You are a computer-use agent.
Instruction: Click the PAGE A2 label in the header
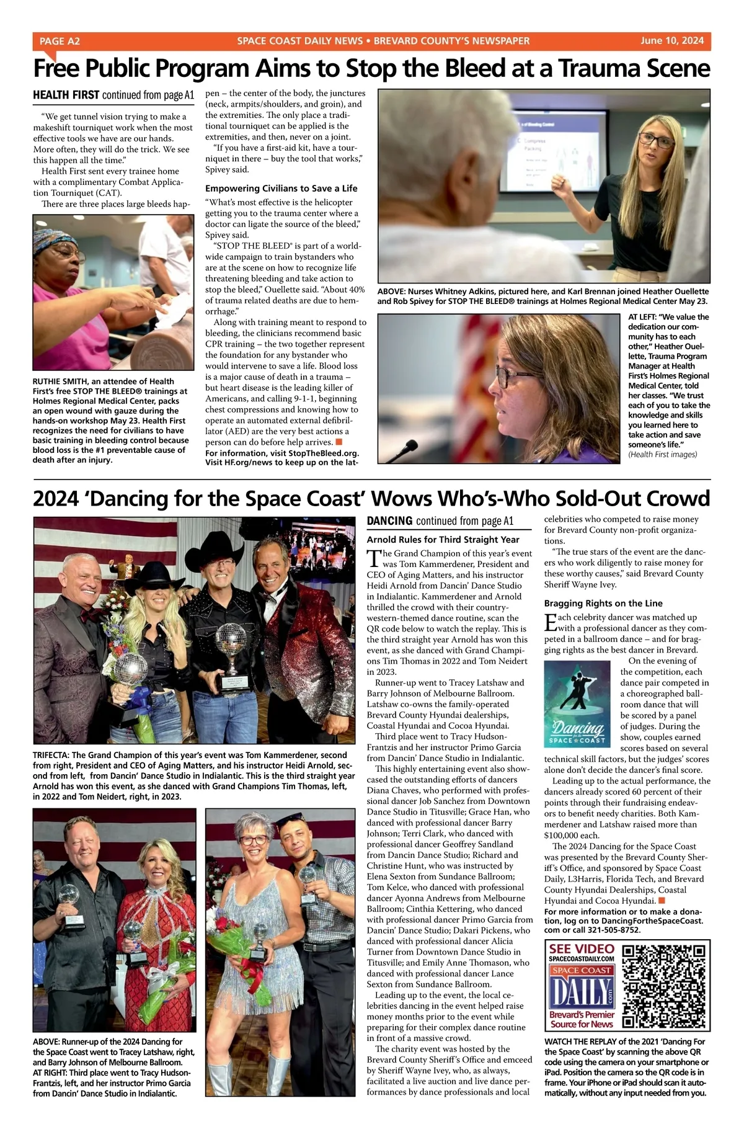(x=60, y=41)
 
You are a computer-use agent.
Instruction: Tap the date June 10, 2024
(x=672, y=41)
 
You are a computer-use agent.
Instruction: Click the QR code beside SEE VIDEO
(x=664, y=987)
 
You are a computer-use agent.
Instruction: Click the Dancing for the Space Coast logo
(x=577, y=703)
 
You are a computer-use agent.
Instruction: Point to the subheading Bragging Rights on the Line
(x=603, y=603)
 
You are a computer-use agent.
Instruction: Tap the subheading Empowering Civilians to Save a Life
(x=281, y=188)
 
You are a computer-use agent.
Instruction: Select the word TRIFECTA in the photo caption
(x=51, y=755)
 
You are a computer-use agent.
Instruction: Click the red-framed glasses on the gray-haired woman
(x=254, y=839)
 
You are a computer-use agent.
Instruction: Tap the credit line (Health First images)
(x=662, y=455)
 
